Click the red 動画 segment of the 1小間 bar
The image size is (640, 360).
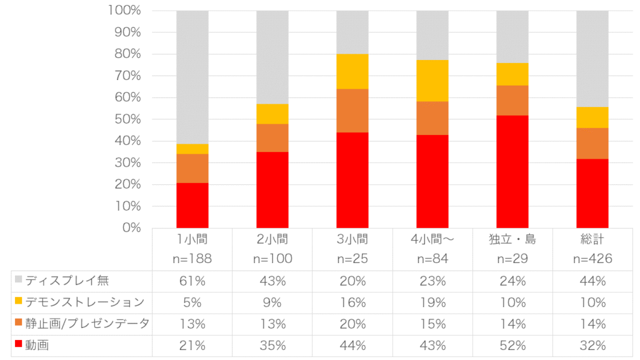[192, 205]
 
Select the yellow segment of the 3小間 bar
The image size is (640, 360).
[352, 71]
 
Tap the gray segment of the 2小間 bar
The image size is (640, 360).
[272, 57]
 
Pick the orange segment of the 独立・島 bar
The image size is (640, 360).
[512, 100]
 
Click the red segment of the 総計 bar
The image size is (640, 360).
[592, 193]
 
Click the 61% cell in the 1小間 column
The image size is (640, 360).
[192, 281]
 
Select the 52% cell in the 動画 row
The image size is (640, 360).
[512, 345]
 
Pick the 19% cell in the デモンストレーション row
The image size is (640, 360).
[432, 302]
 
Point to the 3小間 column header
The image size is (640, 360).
[352, 239]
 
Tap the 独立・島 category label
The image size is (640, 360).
[512, 239]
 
